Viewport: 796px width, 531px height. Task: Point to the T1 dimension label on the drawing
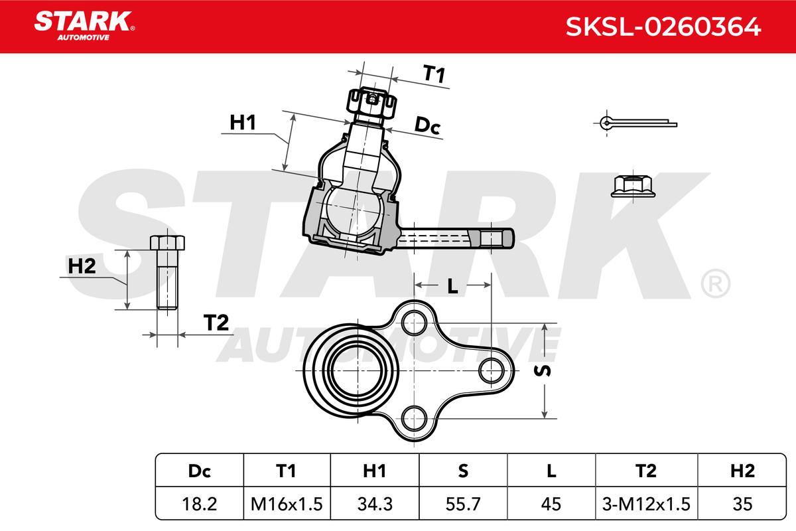433,75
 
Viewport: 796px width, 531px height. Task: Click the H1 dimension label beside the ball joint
243,122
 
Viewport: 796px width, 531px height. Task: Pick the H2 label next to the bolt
82,266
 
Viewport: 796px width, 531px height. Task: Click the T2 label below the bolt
216,323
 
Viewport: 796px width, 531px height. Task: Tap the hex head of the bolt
168,242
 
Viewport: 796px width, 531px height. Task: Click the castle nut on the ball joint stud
372,102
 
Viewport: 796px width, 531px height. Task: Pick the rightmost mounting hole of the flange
492,368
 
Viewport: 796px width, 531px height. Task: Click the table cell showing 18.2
200,504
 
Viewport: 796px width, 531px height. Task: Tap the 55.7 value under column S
463,504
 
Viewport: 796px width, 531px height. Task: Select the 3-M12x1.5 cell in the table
645,504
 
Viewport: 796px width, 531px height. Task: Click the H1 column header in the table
375,471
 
